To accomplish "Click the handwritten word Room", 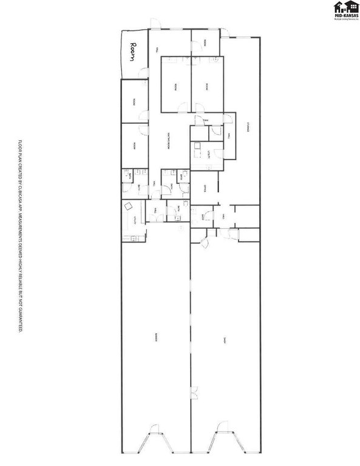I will pyautogui.click(x=133, y=52).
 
